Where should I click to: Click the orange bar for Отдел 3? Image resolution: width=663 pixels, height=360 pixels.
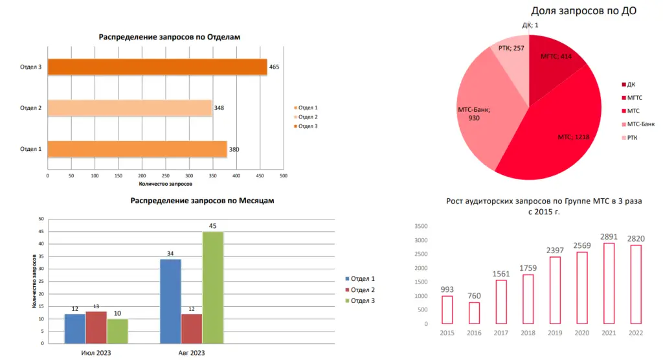pos(157,67)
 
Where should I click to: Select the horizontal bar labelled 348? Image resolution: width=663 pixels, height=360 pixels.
pos(129,108)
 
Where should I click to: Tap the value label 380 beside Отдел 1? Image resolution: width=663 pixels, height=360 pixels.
pos(234,150)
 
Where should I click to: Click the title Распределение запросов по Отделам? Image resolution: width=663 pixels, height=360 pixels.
pos(169,37)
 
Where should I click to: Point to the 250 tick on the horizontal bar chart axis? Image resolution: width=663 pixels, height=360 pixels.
pos(165,175)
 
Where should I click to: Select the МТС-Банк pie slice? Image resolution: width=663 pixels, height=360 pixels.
pos(482,117)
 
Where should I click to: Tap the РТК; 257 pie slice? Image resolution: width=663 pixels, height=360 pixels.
pos(511,55)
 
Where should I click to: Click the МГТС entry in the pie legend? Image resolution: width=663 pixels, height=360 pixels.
pos(633,98)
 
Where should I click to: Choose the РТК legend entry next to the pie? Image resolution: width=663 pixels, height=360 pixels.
pos(631,137)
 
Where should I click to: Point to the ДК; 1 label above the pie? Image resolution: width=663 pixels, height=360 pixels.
pos(530,25)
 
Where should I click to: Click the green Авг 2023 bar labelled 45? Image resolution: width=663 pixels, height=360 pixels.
pos(212,287)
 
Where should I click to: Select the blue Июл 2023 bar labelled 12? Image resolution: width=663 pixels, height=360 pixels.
pos(74,328)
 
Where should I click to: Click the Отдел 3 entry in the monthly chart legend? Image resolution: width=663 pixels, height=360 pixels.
pos(363,300)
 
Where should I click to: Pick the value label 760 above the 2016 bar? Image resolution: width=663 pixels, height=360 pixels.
pos(475,296)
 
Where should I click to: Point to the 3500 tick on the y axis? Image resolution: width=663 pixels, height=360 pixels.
pos(421,226)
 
